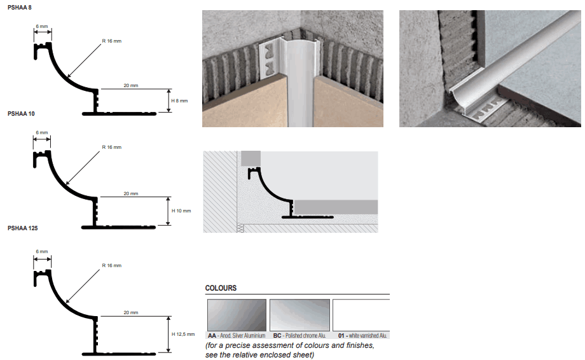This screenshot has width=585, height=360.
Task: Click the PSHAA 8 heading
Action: pyautogui.click(x=20, y=8)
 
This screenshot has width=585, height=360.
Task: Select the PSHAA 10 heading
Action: pyautogui.click(x=21, y=114)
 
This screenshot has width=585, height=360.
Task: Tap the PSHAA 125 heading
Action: pyautogui.click(x=22, y=228)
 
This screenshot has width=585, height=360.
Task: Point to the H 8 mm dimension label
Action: pyautogui.click(x=179, y=100)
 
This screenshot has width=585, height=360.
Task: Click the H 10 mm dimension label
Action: pyautogui.click(x=181, y=211)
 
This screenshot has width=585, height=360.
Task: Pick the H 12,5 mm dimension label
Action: pyautogui.click(x=183, y=335)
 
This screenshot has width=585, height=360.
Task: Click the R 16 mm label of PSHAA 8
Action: pyautogui.click(x=111, y=41)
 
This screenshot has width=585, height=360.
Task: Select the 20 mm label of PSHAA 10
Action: pyautogui.click(x=131, y=193)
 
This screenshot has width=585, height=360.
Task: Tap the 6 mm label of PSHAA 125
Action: pyautogui.click(x=42, y=251)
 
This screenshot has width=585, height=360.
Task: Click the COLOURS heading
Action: pyautogui.click(x=221, y=288)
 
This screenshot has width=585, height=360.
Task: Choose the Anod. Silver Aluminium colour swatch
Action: pyautogui.click(x=237, y=315)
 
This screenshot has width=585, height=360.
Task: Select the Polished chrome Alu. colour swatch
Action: pyautogui.click(x=300, y=315)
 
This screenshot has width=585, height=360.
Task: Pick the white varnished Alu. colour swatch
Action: pyautogui.click(x=361, y=315)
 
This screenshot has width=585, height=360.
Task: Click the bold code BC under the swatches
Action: pyautogui.click(x=277, y=336)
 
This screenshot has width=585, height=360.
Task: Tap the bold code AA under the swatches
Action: pyautogui.click(x=212, y=336)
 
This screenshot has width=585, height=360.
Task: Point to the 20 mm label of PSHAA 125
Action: pyautogui.click(x=131, y=313)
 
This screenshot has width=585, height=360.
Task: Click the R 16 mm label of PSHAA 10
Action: pyautogui.click(x=111, y=148)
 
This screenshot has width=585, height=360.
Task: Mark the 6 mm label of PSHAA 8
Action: pyautogui.click(x=42, y=27)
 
